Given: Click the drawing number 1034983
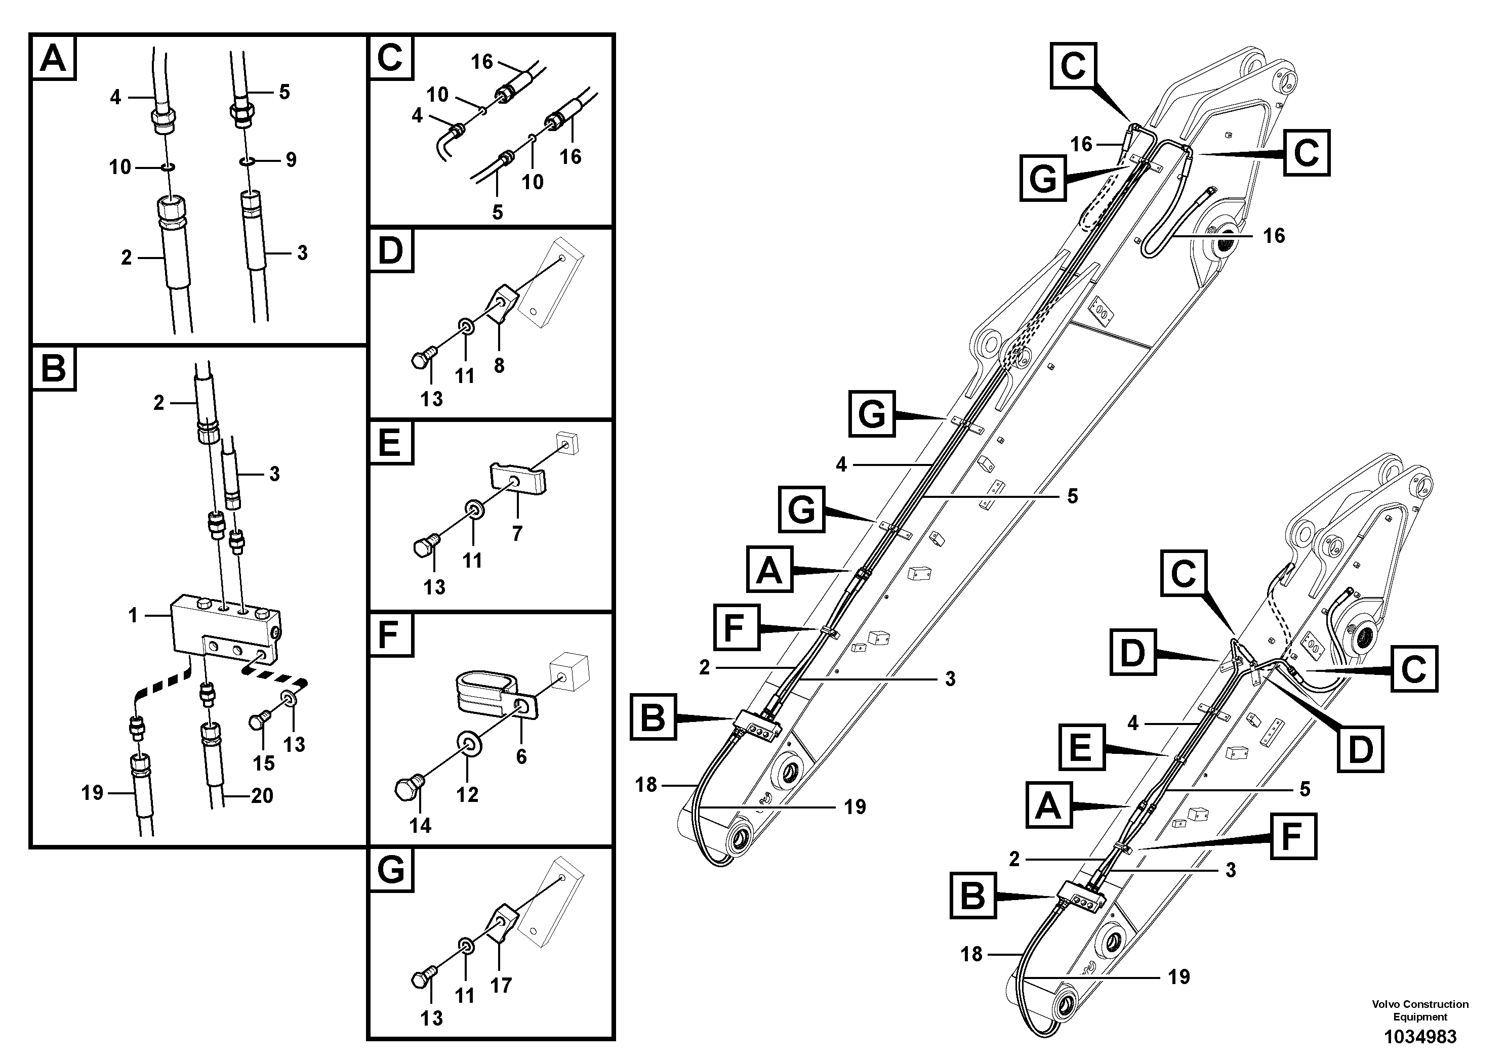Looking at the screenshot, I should click(x=1420, y=1037).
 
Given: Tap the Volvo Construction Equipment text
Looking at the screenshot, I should click(x=1420, y=1011).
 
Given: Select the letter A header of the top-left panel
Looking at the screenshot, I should click(x=53, y=58).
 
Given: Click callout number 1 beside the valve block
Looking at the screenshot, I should click(x=133, y=615).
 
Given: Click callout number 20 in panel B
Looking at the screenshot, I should click(x=262, y=796).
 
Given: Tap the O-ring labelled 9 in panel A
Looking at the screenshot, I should click(x=247, y=160).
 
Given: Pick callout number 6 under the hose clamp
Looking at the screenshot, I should click(x=521, y=756).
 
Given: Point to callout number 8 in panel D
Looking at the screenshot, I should click(x=499, y=365).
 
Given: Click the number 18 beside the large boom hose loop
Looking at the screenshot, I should click(x=646, y=785).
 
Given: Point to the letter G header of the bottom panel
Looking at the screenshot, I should click(x=391, y=871).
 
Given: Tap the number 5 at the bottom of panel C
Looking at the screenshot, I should click(x=498, y=212).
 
